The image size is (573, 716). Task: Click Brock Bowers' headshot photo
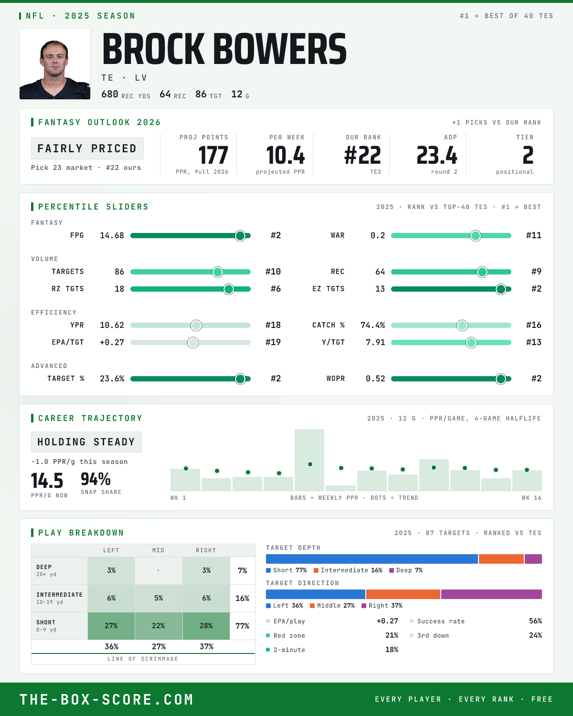[x=55, y=64]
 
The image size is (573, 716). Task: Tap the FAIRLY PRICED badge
[x=87, y=148]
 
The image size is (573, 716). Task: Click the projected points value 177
[x=213, y=156]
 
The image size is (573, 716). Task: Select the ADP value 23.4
[x=437, y=156]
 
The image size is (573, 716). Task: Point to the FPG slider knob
[x=240, y=235]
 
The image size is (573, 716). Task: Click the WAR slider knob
[x=476, y=235]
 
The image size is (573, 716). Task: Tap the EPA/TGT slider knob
[x=193, y=342]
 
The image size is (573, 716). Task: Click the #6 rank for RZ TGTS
[x=276, y=289]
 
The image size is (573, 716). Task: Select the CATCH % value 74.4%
[x=372, y=325]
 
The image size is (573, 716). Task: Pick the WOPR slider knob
[x=501, y=379]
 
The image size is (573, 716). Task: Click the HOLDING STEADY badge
[x=86, y=442]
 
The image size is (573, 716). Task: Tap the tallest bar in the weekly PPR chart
[x=309, y=460]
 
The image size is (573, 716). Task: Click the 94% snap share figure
[x=95, y=479]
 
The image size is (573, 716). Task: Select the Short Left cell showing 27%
[x=111, y=626]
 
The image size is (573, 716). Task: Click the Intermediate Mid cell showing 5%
[x=159, y=598]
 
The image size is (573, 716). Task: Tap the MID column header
[x=158, y=550]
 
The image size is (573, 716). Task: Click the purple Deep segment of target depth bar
[x=533, y=559]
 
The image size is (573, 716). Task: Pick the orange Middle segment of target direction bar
[x=403, y=594]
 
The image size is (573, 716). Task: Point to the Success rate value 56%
[x=535, y=621]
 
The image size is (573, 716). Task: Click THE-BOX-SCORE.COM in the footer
[x=106, y=699]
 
